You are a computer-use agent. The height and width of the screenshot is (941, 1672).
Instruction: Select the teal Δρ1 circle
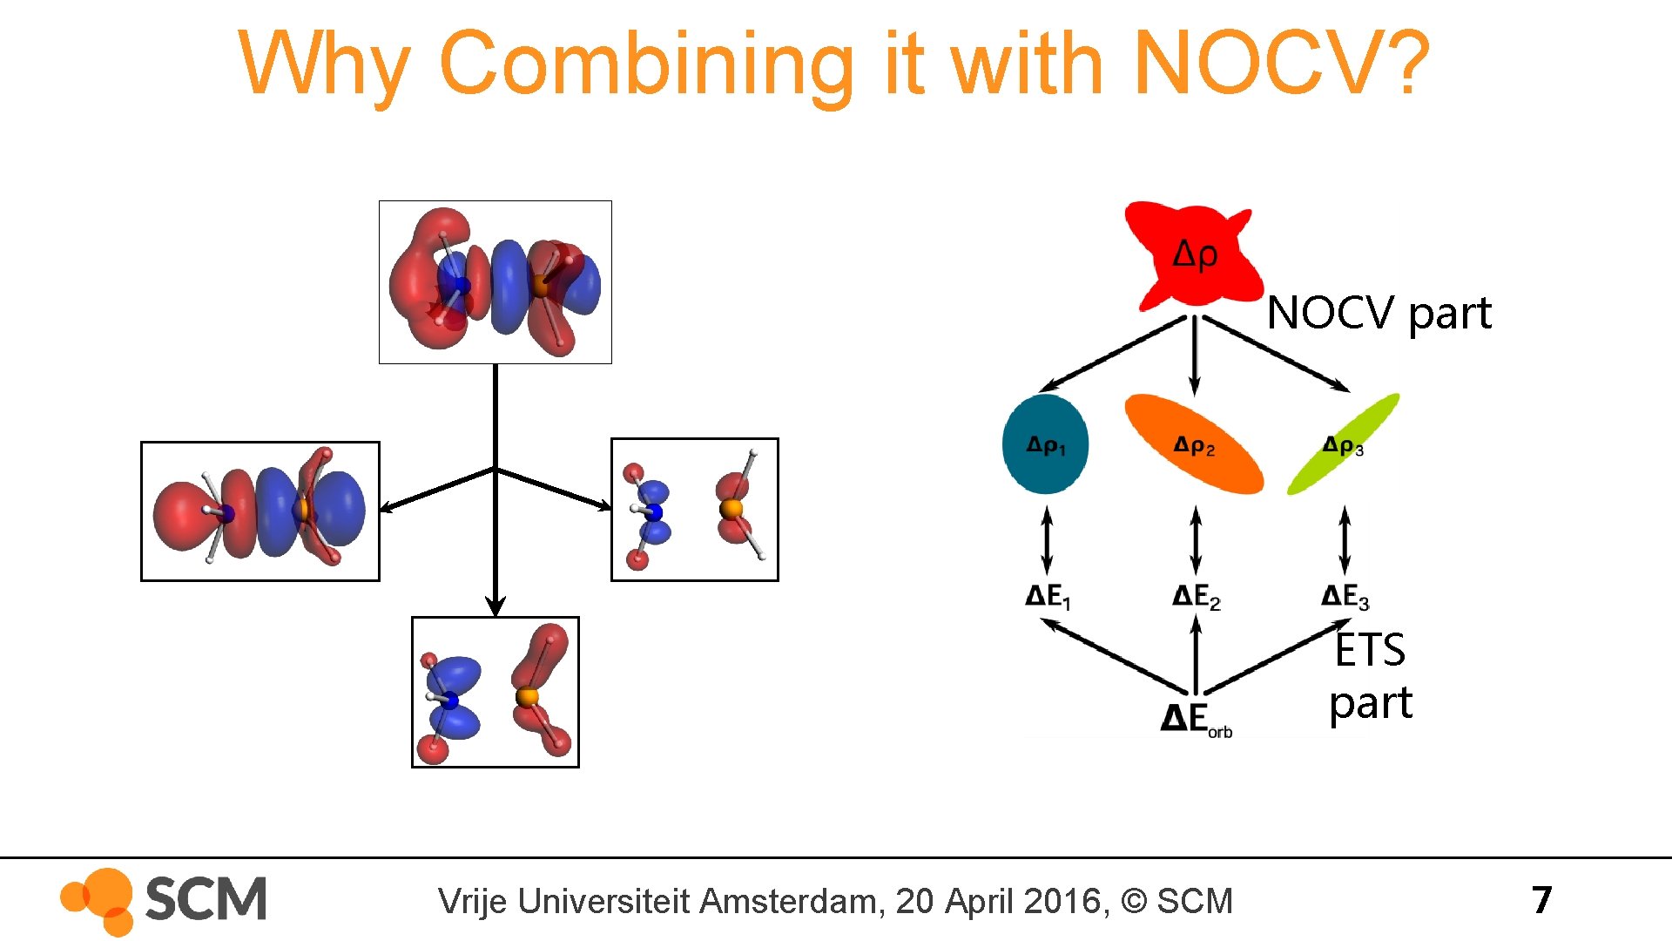pyautogui.click(x=1045, y=444)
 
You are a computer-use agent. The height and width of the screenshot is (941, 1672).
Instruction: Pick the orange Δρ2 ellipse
pyautogui.click(x=1194, y=445)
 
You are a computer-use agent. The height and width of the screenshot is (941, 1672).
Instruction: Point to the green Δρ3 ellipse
pyautogui.click(x=1343, y=445)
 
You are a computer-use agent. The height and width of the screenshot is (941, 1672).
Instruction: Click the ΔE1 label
pyautogui.click(x=1048, y=597)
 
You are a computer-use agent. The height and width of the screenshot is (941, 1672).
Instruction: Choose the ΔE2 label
pyautogui.click(x=1196, y=597)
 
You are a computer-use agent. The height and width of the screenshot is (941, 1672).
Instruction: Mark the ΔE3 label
pyautogui.click(x=1345, y=597)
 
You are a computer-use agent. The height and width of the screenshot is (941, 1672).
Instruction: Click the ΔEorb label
pyautogui.click(x=1196, y=720)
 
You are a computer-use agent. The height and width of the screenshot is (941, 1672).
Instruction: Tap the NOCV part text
pyautogui.click(x=1379, y=313)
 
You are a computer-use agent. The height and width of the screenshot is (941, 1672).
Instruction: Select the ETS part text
pyautogui.click(x=1370, y=676)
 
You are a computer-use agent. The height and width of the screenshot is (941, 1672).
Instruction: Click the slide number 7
pyautogui.click(x=1541, y=900)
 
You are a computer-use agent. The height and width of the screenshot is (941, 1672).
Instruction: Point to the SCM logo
pyautogui.click(x=164, y=900)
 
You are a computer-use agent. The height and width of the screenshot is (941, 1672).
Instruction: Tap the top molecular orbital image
pyautogui.click(x=495, y=282)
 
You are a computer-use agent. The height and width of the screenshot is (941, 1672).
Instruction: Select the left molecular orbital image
pyautogui.click(x=260, y=511)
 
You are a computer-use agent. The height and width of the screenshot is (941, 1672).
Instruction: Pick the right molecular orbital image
pyautogui.click(x=694, y=510)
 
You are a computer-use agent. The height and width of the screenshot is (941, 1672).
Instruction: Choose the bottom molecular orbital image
pyautogui.click(x=495, y=693)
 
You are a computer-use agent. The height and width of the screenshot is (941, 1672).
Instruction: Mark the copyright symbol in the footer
pyautogui.click(x=1134, y=901)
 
